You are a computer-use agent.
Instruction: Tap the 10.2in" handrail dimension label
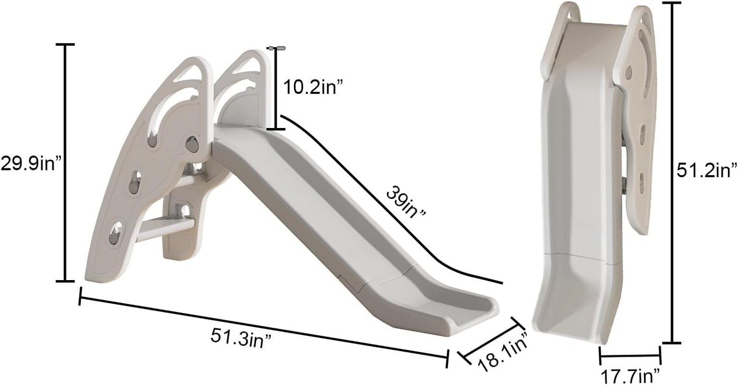point(313,88)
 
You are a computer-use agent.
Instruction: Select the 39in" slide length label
point(406,202)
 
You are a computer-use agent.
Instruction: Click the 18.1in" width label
point(503,349)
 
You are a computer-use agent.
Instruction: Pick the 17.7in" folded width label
point(630,376)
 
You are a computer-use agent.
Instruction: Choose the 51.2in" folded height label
point(707,170)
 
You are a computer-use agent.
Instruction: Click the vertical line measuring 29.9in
point(65,163)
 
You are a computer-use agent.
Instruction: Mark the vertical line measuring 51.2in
point(672,173)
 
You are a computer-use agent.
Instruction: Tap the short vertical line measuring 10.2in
point(276,89)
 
